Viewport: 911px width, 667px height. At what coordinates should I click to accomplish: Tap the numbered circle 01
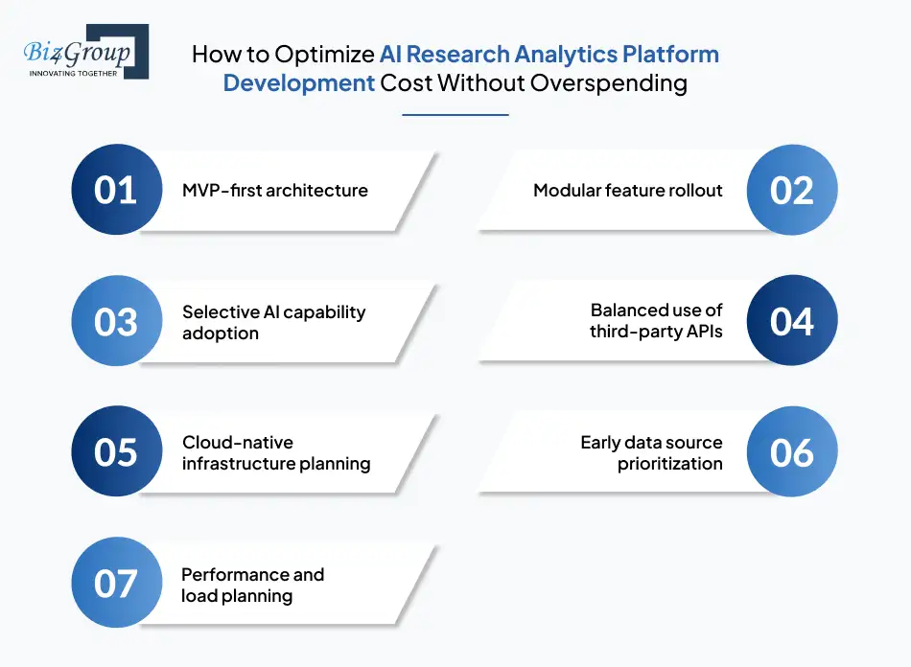pos(117,190)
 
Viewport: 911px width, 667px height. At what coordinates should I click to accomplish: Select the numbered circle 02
pos(792,190)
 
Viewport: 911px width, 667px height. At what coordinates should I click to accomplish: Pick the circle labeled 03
pos(117,322)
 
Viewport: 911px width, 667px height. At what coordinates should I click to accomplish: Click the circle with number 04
pos(792,322)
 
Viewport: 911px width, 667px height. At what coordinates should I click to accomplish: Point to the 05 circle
pos(117,452)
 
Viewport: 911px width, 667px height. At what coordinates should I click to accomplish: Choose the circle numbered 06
pos(792,452)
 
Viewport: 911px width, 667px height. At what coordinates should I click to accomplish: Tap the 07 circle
pos(117,584)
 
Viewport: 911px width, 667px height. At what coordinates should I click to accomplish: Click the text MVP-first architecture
pos(275,190)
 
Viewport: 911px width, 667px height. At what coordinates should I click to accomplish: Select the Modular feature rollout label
pos(628,190)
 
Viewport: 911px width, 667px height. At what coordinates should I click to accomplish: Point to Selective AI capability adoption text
pos(274,322)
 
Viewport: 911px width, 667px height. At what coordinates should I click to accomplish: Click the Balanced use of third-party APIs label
pos(656,322)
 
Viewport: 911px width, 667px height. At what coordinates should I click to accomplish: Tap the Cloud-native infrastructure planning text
pos(276,452)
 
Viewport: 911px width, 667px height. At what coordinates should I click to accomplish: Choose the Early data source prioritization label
pos(651,452)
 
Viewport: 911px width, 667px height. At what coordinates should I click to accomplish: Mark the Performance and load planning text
pos(253,585)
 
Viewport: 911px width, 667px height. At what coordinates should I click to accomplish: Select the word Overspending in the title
pos(609,82)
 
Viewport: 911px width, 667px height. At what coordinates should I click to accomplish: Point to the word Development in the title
pos(298,82)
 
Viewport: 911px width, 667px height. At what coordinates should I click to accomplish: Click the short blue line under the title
pos(455,115)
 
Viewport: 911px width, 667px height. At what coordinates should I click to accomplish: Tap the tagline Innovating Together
pos(74,72)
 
